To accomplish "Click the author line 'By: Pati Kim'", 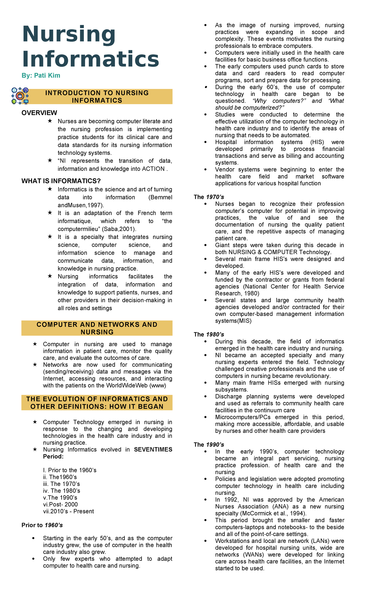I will [x=41, y=76].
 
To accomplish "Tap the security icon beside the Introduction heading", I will [x=20, y=96].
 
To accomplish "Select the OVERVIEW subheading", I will [x=39, y=113].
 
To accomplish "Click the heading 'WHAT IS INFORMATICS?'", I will [x=61, y=181].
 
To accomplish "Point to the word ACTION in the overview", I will [x=153, y=169].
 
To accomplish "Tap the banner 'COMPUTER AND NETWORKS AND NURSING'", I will [x=97, y=328].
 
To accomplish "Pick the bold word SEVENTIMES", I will [x=153, y=449].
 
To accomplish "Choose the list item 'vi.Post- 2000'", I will [x=60, y=505].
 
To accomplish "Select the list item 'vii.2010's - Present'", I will [x=68, y=511].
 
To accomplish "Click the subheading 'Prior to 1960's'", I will [x=42, y=525].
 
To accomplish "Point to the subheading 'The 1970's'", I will [x=209, y=197].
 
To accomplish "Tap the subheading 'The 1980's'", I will [x=209, y=335].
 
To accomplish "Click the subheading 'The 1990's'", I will [x=209, y=444].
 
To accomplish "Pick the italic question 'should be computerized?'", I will [x=249, y=108].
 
